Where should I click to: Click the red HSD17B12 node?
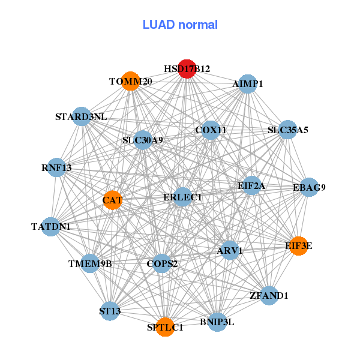click(187, 69)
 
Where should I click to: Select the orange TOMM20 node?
click(131, 81)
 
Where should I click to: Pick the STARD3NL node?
click(81, 117)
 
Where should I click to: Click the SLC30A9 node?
click(143, 141)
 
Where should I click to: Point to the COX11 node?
click(211, 130)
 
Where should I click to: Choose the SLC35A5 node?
click(288, 130)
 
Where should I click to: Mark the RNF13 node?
click(57, 168)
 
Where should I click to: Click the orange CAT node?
click(112, 199)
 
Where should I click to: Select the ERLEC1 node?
click(182, 197)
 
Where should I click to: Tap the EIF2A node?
click(251, 186)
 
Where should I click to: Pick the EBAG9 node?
click(309, 188)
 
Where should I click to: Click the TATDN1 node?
click(51, 227)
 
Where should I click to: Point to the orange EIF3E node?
click(299, 245)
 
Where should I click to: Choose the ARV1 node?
click(229, 250)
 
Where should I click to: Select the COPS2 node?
click(162, 263)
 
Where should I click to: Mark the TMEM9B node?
click(90, 263)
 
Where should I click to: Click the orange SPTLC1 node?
click(165, 327)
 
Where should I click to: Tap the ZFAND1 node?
click(269, 295)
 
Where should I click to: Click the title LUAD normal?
click(180, 25)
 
